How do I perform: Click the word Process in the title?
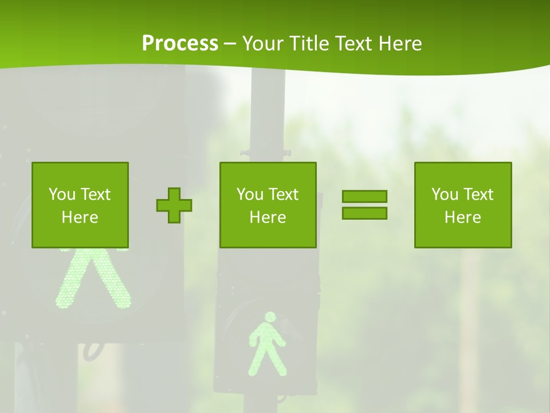tap(180, 44)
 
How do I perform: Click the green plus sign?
tap(174, 205)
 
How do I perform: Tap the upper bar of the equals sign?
tap(364, 196)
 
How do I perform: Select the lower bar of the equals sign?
tap(364, 213)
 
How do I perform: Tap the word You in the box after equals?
tap(443, 194)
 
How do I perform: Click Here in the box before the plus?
tap(80, 217)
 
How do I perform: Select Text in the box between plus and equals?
tap(284, 194)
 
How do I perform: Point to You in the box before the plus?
tap(61, 194)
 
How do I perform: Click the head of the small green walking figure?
tap(269, 317)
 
